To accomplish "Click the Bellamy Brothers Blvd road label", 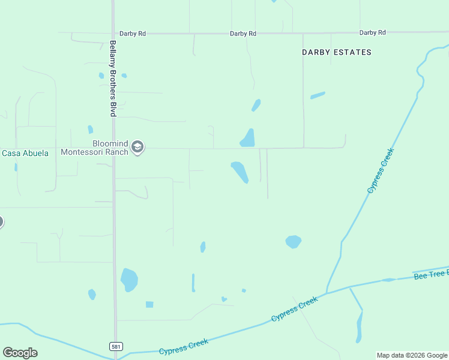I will click(x=112, y=78).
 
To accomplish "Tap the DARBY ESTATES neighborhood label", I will click(x=336, y=52).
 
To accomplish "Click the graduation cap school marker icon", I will click(x=137, y=148).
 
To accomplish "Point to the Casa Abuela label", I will click(x=25, y=153).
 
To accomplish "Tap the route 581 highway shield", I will click(x=116, y=346).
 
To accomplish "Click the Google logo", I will click(x=20, y=353).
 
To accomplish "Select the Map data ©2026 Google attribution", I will click(x=412, y=355).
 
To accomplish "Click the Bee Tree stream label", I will click(x=431, y=274).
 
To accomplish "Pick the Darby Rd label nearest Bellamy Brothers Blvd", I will click(x=132, y=34).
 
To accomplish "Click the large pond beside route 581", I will click(x=129, y=279).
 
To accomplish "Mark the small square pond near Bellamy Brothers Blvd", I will click(x=149, y=304).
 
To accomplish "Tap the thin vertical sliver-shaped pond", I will click(x=193, y=282).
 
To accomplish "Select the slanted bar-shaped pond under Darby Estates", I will click(x=318, y=95).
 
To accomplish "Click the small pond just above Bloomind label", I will click(x=90, y=129).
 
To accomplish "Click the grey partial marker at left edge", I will click(x=1, y=222).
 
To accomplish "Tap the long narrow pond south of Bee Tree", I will click(x=360, y=327).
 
